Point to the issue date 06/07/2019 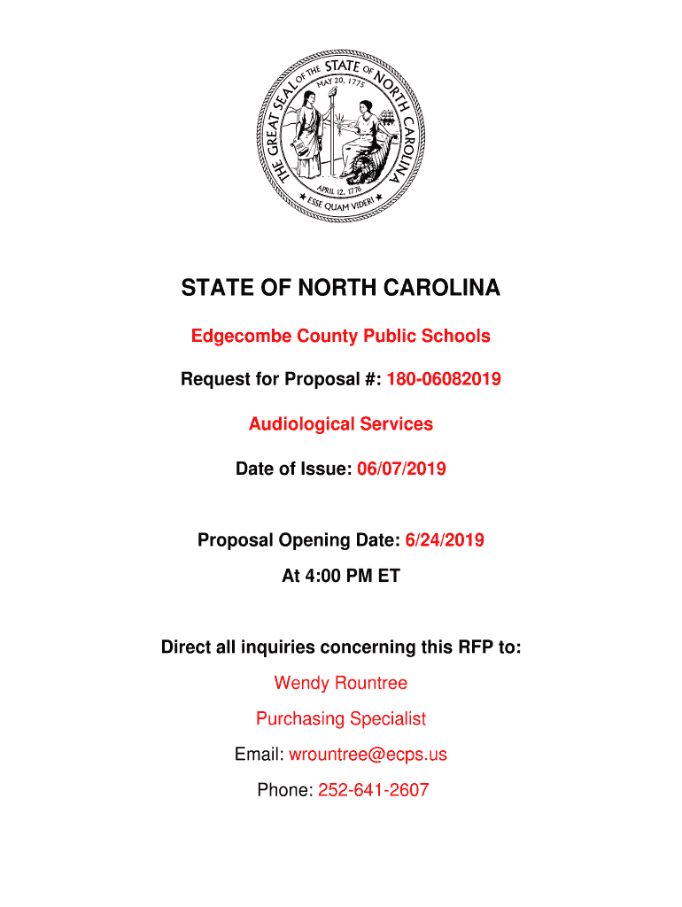[401, 469]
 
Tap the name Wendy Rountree [341, 683]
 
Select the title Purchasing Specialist [341, 718]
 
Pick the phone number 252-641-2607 [374, 790]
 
